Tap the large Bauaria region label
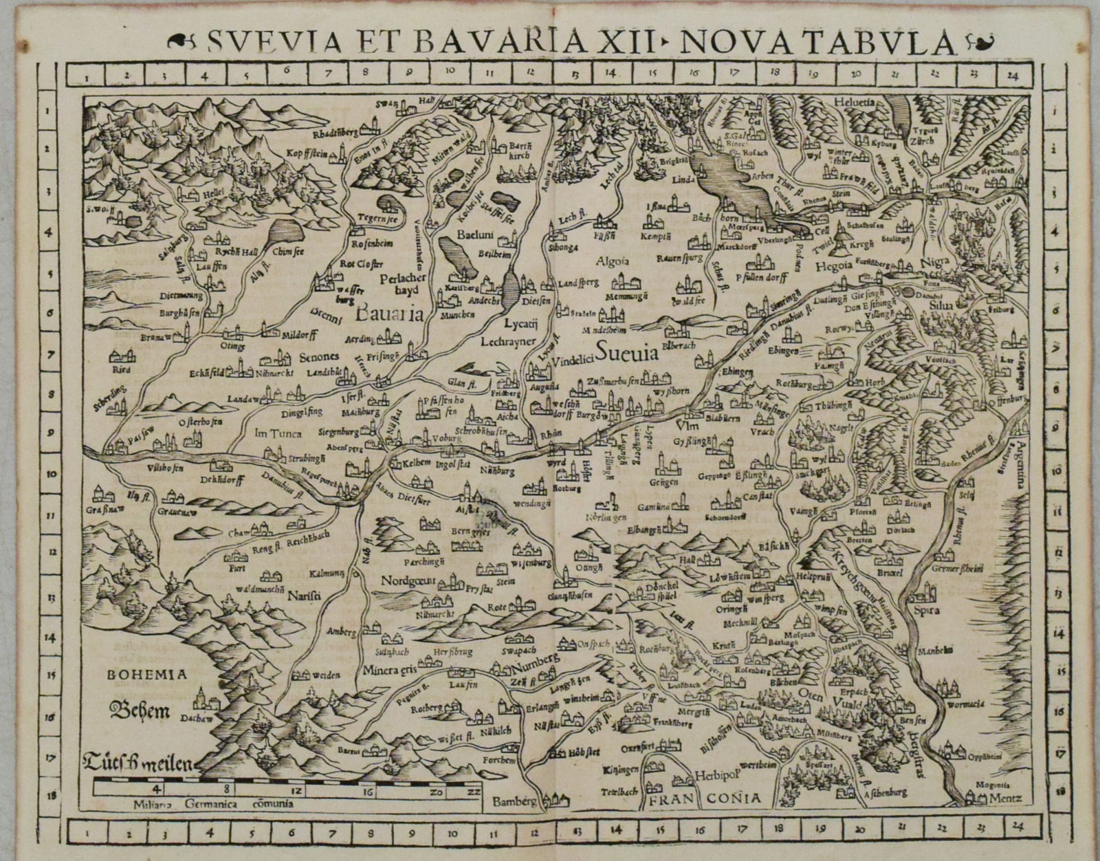[388, 316]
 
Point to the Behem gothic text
[140, 709]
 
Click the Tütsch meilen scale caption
[137, 762]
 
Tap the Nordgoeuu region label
[408, 580]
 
